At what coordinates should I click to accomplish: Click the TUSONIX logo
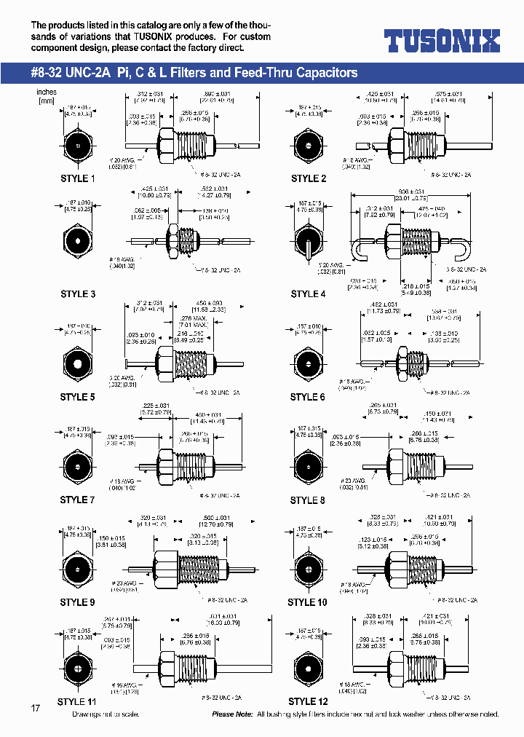pos(442,41)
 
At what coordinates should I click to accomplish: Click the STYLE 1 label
pos(78,178)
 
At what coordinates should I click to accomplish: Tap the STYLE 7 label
pos(78,500)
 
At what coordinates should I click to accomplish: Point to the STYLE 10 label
pos(307,602)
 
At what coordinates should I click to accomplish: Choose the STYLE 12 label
pos(308,701)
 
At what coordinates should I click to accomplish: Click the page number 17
pos(36,709)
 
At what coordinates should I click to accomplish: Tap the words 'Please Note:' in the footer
pos(233,714)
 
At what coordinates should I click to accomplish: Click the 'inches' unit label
pos(47,92)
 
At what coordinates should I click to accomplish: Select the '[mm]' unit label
pos(47,101)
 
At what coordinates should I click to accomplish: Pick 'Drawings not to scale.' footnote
pos(106,714)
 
